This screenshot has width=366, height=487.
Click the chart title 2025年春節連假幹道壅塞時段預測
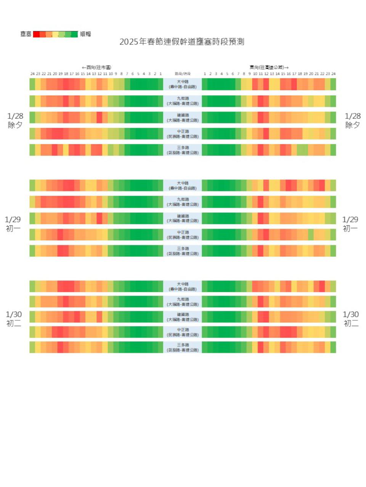[182, 42]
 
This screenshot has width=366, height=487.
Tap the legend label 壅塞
[26, 34]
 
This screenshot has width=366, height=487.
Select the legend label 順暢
[85, 34]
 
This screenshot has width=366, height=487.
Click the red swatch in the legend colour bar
[36, 34]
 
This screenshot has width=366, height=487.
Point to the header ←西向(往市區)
[96, 67]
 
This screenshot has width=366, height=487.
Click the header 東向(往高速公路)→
[269, 67]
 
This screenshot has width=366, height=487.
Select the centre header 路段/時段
[183, 74]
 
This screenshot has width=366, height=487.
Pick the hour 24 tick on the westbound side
[32, 74]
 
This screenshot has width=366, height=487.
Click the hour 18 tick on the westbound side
[66, 74]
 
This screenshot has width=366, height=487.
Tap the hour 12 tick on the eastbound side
[266, 74]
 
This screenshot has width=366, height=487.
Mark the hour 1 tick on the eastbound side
[205, 74]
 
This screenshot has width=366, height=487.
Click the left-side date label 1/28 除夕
[15, 120]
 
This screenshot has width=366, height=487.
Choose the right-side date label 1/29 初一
[350, 224]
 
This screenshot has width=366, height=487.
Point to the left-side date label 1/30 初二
[14, 319]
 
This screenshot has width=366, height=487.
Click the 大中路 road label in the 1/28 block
[183, 84]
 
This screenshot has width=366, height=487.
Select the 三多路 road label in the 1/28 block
[183, 150]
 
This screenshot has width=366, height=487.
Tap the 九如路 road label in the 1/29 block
[183, 202]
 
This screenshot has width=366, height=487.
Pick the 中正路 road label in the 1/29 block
[183, 234]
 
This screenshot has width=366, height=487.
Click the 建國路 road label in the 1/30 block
[183, 317]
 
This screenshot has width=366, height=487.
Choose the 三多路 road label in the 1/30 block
[183, 347]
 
